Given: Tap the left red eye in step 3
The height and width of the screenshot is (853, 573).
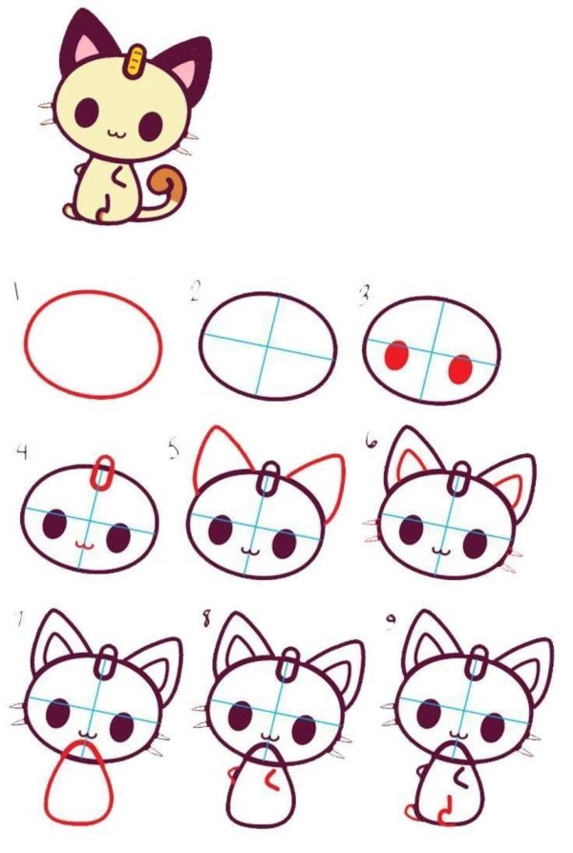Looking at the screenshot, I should point(395,357).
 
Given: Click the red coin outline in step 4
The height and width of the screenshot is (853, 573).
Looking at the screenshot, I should point(103,470).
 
